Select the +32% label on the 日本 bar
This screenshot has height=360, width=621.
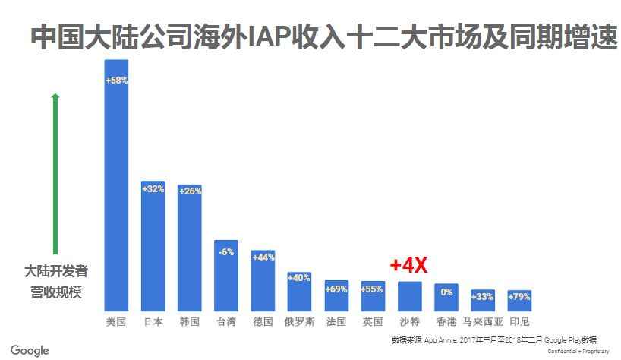pos(153,188)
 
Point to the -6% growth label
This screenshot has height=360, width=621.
pos(226,251)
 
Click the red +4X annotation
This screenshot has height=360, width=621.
pos(408,265)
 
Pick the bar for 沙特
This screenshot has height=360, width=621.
pos(409,296)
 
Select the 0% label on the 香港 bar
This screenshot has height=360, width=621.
pos(446,292)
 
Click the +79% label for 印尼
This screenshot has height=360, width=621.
pos(519,296)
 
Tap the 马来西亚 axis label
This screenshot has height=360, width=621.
pos(483,321)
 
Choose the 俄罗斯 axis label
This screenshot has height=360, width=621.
pos(299,321)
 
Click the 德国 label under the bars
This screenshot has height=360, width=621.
pos(263,321)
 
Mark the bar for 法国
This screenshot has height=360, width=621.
pos(336,295)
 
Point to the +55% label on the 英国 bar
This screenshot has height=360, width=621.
pos(373,289)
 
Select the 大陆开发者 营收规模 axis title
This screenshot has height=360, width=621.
pos(55,281)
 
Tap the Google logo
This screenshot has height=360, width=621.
pos(30,350)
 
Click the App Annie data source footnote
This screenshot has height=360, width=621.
pos(493,339)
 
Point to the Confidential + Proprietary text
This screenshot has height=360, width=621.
pos(578,351)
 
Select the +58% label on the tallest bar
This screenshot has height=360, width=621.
pos(116,80)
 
